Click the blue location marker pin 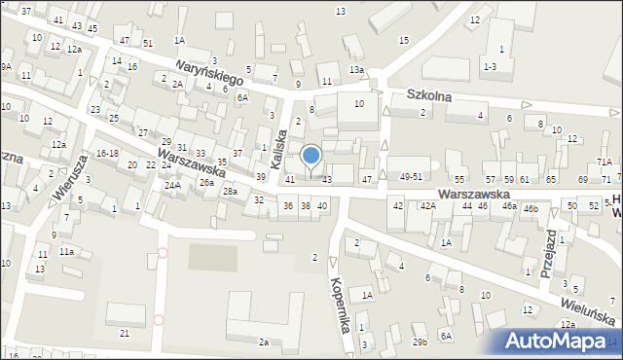pyautogui.click(x=311, y=156)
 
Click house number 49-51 pyautogui.click(x=411, y=177)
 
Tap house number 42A pyautogui.click(x=427, y=206)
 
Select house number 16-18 pyautogui.click(x=107, y=154)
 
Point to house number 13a pyautogui.click(x=357, y=70)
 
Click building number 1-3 pyautogui.click(x=490, y=65)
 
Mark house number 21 pyautogui.click(x=124, y=334)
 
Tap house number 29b pyautogui.click(x=420, y=342)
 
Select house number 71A pyautogui.click(x=605, y=162)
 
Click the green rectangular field pyautogui.click(x=211, y=258)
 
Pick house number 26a pyautogui.click(x=206, y=182)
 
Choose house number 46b pyautogui.click(x=530, y=208)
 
